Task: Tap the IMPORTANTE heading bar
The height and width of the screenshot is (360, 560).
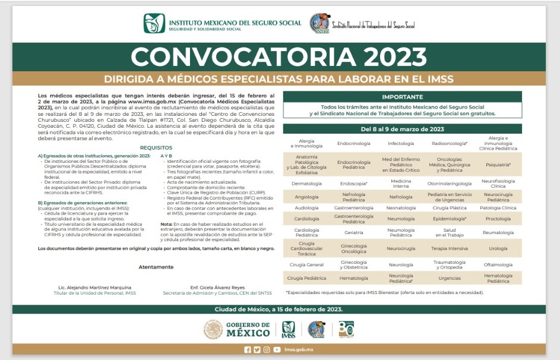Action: point(402,96)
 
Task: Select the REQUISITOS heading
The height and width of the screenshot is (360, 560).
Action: point(156,147)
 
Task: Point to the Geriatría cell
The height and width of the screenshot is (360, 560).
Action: point(353,233)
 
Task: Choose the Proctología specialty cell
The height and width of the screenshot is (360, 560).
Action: point(498,218)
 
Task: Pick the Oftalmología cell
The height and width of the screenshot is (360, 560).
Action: point(498,264)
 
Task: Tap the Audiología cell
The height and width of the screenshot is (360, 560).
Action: point(306,208)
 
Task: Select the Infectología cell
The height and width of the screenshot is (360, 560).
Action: point(401,143)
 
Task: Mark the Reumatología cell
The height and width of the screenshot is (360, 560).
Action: point(498,233)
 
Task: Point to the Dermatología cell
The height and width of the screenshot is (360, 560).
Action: point(306,184)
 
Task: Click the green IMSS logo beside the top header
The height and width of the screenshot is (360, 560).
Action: point(151,23)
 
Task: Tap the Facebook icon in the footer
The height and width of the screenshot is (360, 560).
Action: point(248,350)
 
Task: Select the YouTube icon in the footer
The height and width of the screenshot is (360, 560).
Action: point(277,350)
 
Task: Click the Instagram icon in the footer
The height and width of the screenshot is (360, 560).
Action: point(267,350)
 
